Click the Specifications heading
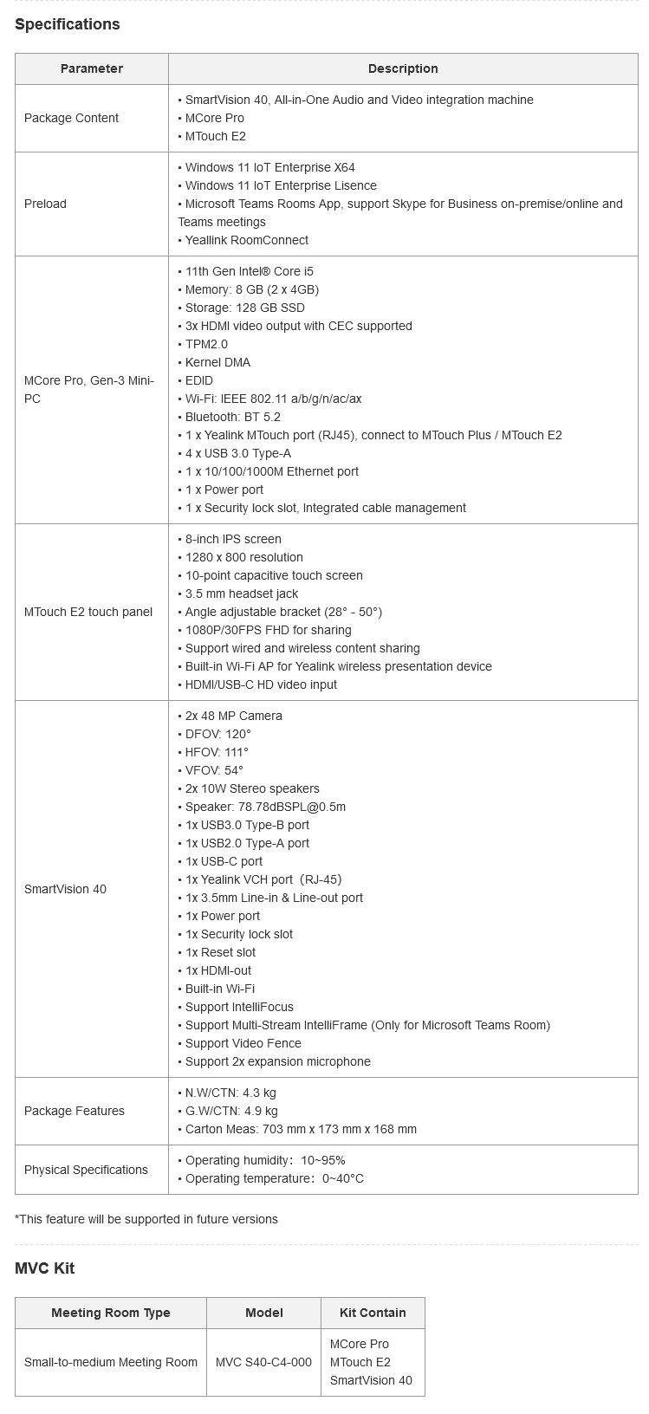(x=68, y=24)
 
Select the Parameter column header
(x=92, y=68)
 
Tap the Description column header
(x=403, y=68)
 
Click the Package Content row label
(x=72, y=118)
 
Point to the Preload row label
(x=45, y=204)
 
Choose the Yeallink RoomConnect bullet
(x=246, y=240)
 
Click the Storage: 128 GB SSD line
(x=244, y=308)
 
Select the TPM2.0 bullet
(x=206, y=344)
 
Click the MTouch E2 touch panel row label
(x=88, y=612)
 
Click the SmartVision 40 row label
(x=66, y=889)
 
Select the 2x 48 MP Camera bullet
(x=233, y=716)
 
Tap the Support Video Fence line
(x=243, y=1043)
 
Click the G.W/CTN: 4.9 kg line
(x=231, y=1111)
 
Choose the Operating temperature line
(x=274, y=1178)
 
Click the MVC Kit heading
(x=45, y=1268)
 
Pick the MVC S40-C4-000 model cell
(x=263, y=1362)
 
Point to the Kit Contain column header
(x=373, y=1313)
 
